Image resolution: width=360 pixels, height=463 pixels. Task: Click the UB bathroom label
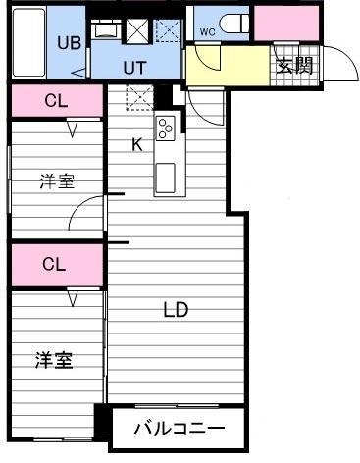[68, 42]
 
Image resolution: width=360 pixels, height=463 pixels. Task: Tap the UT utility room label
[135, 66]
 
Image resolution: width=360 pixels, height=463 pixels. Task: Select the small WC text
[207, 31]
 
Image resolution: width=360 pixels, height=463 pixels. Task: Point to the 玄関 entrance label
[293, 66]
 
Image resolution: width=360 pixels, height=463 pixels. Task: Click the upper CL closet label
[55, 100]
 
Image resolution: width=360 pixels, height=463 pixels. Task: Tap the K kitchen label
[137, 144]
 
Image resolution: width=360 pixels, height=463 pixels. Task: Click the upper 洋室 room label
[56, 181]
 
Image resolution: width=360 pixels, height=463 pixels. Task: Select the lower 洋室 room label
[54, 360]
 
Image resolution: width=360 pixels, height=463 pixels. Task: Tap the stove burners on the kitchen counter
[165, 127]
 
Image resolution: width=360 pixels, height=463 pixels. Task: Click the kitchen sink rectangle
[165, 178]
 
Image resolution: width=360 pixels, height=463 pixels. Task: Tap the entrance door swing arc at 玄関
[338, 64]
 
